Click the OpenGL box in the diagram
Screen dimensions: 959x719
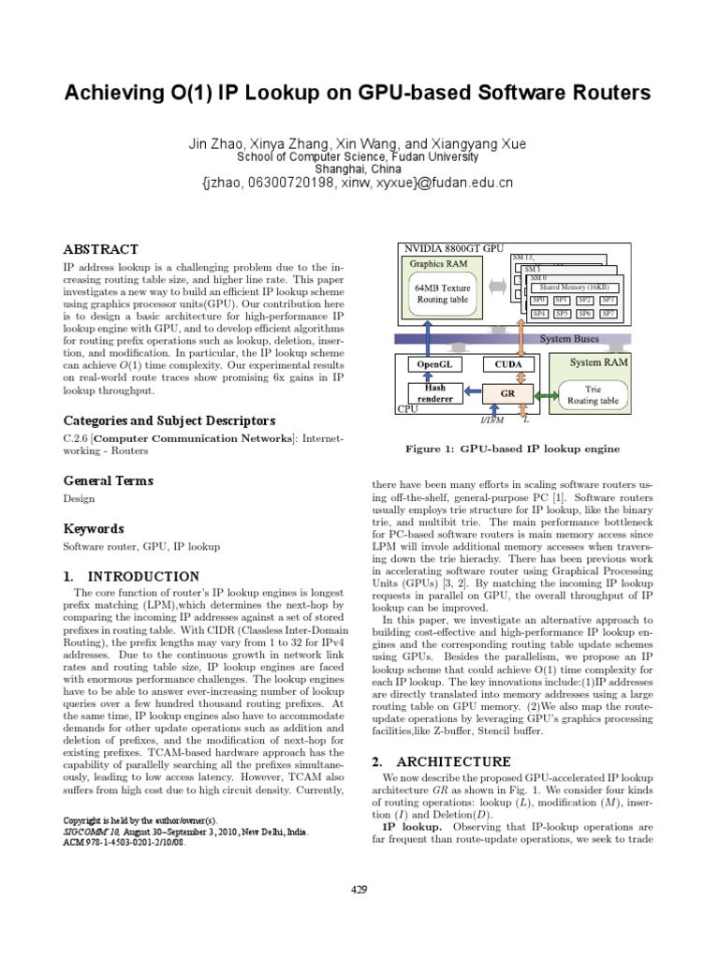point(432,363)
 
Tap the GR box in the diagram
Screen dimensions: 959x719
point(508,394)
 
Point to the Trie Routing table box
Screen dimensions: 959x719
point(593,394)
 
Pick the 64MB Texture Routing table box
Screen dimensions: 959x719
point(442,294)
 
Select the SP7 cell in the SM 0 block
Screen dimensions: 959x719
point(609,314)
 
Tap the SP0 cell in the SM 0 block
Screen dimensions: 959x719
point(539,300)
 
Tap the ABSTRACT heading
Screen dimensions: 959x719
point(100,250)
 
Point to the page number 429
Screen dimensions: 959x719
point(359,890)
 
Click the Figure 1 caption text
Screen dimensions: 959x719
point(512,450)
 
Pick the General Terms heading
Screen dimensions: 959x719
point(108,481)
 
